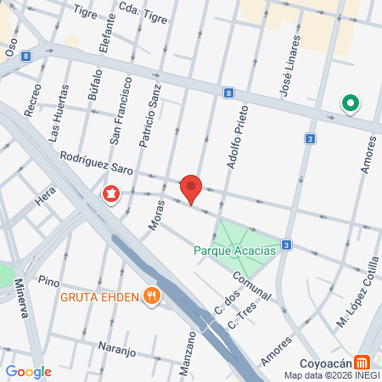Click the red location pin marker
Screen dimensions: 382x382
point(191,187)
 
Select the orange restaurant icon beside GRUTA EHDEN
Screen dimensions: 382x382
point(152,295)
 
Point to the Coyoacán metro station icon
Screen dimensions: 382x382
point(362,359)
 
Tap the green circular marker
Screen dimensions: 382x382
point(350,104)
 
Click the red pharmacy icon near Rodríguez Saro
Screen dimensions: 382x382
point(110,194)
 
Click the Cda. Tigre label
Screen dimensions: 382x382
point(142,8)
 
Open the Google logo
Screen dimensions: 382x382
point(28,371)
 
